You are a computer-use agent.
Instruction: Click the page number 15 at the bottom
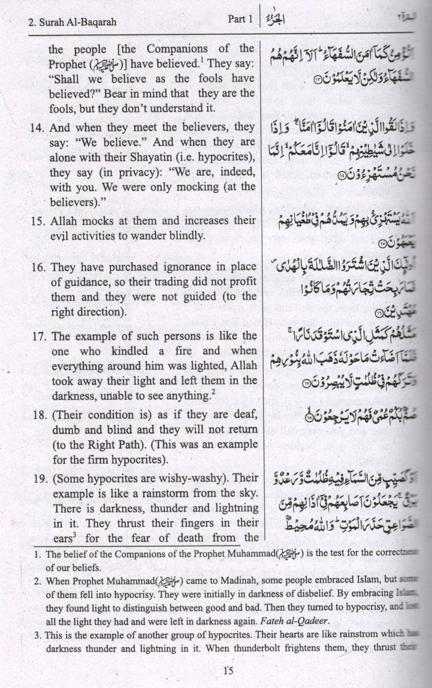point(228,671)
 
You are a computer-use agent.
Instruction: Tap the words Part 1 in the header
point(240,19)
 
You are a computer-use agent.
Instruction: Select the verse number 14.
point(38,128)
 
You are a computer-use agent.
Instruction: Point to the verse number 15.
point(38,221)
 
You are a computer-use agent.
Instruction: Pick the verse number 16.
point(39,267)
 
